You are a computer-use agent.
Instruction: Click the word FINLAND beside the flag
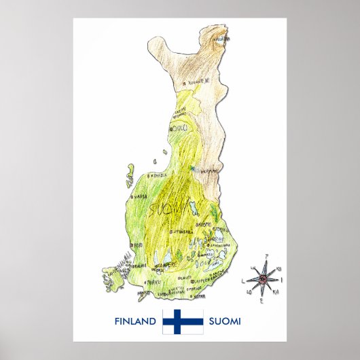click(x=136, y=321)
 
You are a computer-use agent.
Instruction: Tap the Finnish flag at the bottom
click(x=181, y=320)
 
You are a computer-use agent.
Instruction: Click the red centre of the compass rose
click(x=262, y=278)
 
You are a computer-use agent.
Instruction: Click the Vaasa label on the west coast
click(x=140, y=197)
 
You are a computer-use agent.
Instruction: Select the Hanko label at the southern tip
click(x=145, y=293)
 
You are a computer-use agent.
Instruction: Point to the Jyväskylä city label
click(x=179, y=231)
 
